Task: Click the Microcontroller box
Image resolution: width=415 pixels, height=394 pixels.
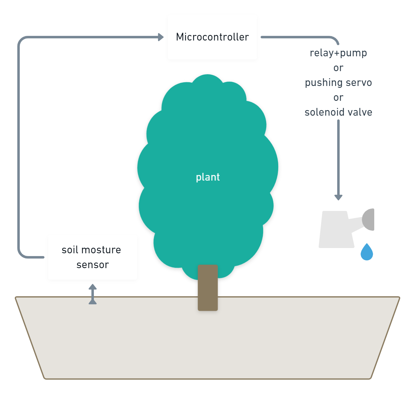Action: point(212,37)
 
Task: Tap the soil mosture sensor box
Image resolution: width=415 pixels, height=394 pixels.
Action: point(93,257)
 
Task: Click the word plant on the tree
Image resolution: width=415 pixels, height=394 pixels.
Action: point(208,177)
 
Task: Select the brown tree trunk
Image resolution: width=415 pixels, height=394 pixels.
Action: point(208,288)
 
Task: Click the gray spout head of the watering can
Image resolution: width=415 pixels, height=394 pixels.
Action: point(369,220)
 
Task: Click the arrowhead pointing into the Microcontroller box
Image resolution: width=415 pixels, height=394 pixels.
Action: point(161,37)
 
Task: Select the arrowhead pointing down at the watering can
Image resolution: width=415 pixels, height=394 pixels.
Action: point(338,197)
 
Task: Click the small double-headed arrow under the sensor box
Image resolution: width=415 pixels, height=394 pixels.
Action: point(93,294)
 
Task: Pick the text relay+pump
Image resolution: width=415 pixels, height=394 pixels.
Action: point(338,53)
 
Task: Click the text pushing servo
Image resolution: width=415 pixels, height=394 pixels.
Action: point(338,83)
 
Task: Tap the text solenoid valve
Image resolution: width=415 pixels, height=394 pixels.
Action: point(338,112)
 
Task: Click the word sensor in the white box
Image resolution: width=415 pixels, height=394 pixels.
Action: point(93,265)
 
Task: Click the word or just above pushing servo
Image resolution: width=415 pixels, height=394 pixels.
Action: point(338,68)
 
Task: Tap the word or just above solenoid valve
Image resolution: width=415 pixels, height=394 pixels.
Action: point(338,98)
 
